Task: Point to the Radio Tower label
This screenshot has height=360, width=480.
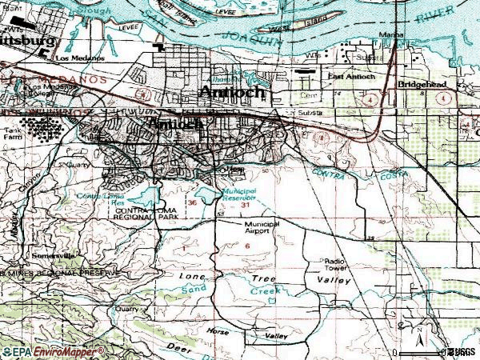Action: click(334, 265)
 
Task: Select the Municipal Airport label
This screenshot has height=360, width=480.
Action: click(262, 228)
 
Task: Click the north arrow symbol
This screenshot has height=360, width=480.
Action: click(419, 330)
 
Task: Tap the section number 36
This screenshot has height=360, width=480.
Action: click(192, 203)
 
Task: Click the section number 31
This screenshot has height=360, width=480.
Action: click(244, 205)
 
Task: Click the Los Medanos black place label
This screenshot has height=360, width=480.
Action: click(75, 58)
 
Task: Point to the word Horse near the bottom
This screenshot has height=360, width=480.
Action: click(218, 331)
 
